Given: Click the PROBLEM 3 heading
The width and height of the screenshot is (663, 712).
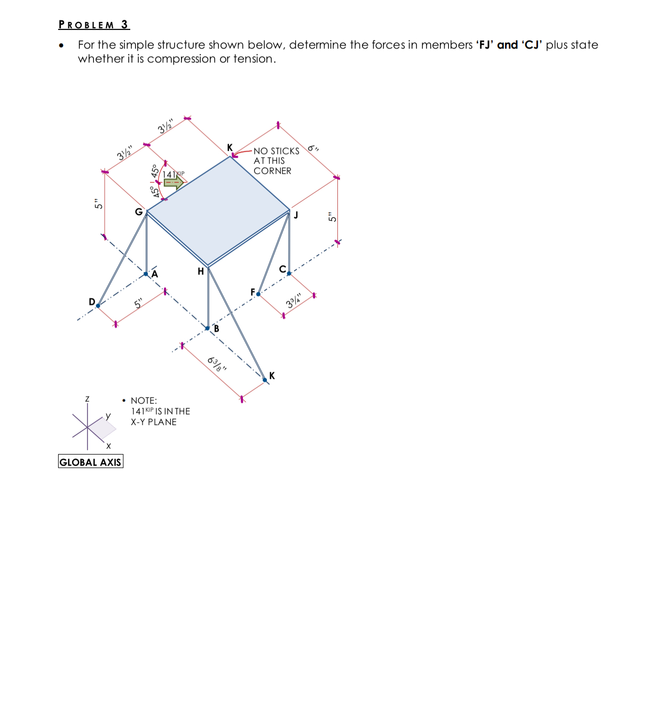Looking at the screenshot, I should click(x=94, y=25).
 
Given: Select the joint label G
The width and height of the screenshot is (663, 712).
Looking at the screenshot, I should click(x=139, y=212).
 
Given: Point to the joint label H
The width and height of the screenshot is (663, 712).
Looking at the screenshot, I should click(x=201, y=271).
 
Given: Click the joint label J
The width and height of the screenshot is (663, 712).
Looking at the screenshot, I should click(x=296, y=215).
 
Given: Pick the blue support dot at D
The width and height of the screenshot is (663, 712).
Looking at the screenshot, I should click(x=98, y=306).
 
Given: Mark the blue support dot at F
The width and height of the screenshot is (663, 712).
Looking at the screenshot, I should click(x=258, y=294).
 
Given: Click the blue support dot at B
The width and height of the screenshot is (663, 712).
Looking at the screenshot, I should click(x=208, y=328).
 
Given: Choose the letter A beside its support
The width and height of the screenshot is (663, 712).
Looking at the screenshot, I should click(x=155, y=274).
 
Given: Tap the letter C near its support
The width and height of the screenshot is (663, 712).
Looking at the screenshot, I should click(x=282, y=269).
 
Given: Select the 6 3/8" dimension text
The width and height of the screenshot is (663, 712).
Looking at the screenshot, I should click(x=216, y=365).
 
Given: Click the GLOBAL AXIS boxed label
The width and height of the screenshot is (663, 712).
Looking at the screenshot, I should click(x=90, y=462).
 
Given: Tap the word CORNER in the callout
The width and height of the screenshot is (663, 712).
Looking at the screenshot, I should click(x=272, y=171).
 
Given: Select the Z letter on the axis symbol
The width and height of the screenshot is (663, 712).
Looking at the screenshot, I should click(x=87, y=399).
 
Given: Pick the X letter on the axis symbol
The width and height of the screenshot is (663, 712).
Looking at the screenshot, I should click(x=108, y=445).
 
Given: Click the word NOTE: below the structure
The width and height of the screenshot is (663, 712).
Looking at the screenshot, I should click(x=144, y=401).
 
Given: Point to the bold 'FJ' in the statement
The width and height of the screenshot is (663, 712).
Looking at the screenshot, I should click(x=484, y=45).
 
